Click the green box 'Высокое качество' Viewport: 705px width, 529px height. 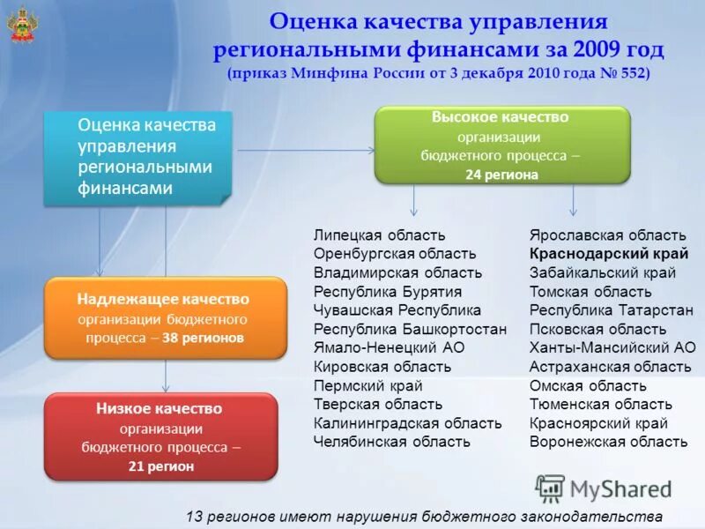click(502, 145)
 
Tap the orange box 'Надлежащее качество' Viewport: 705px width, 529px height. click(165, 318)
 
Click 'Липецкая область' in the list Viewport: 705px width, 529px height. click(379, 235)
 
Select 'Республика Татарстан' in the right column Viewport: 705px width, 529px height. click(611, 310)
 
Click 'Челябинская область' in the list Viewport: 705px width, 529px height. click(392, 442)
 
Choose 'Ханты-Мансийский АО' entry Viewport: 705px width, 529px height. click(612, 347)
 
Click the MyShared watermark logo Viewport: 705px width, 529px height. click(603, 488)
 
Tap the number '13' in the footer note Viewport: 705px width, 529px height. click(196, 516)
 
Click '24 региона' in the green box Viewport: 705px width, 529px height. click(501, 175)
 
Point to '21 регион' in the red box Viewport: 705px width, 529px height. click(161, 467)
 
